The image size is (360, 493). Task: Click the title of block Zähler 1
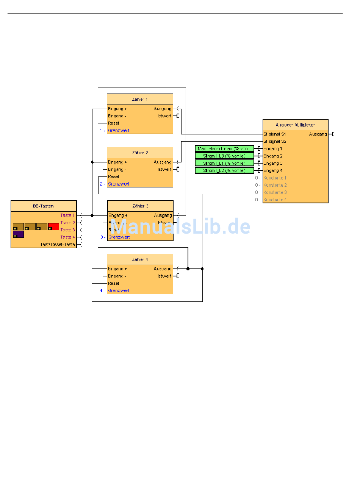140,100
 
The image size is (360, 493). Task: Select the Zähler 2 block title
140,153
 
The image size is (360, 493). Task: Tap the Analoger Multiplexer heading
295,125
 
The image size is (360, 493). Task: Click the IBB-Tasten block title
43,206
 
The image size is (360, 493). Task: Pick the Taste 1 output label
67,215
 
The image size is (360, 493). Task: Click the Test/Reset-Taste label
58,245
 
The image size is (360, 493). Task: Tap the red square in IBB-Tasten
53,226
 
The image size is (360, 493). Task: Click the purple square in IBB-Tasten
19,234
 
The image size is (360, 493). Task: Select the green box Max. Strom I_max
224,149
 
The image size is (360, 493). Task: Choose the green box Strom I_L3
224,156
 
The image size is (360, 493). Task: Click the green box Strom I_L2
224,171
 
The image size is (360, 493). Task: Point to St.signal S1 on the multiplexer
275,134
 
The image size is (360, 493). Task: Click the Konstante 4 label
275,200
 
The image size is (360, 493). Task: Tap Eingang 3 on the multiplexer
273,164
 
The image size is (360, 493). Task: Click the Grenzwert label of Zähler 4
119,291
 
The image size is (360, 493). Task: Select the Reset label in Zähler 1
113,123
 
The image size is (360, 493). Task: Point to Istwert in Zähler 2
164,170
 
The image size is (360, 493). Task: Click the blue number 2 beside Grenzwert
101,184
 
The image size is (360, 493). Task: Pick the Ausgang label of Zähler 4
163,269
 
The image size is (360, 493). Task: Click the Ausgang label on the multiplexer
318,134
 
